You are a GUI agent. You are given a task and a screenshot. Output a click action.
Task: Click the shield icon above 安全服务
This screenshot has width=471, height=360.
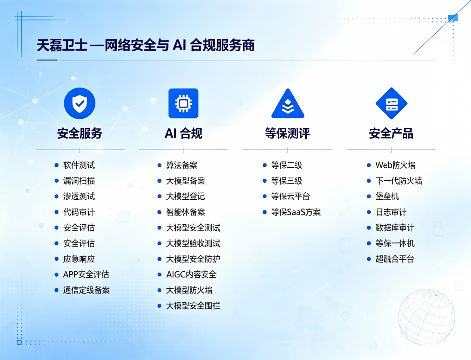[79, 103]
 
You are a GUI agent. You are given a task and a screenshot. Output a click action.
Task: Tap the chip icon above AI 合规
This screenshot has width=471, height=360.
[184, 103]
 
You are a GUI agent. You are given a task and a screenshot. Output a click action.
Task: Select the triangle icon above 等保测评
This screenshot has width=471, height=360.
[288, 104]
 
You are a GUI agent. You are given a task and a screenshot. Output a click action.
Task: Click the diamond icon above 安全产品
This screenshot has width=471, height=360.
[392, 103]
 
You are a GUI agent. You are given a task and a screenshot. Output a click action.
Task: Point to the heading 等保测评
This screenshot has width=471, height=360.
[287, 133]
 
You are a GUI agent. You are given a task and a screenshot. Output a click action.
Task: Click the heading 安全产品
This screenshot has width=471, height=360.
[391, 133]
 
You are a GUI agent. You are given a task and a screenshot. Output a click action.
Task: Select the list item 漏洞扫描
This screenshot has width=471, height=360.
[79, 181]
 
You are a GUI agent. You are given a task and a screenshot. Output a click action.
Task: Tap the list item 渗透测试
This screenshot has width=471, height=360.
[79, 197]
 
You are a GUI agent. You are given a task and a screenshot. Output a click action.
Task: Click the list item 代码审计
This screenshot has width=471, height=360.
[79, 212]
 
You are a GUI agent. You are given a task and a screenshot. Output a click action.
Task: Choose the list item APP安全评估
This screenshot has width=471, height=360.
[86, 275]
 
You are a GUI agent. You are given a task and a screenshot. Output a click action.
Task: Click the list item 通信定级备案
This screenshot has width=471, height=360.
[87, 290]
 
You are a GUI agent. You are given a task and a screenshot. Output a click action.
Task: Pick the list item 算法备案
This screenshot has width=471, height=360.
[182, 165]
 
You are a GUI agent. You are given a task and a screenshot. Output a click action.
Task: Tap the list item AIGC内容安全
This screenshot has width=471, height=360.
[191, 275]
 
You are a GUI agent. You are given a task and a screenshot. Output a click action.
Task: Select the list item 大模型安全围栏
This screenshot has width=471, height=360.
[193, 306]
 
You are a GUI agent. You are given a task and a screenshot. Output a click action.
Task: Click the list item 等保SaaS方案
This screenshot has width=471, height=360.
[296, 212]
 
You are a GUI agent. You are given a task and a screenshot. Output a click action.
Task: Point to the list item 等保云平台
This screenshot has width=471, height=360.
[291, 197]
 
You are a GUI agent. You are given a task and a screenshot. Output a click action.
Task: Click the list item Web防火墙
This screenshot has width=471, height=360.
[395, 165]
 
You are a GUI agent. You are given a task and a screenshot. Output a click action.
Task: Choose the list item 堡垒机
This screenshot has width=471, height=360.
[387, 197]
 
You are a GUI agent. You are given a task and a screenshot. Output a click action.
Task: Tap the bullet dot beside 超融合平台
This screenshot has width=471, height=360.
[369, 259]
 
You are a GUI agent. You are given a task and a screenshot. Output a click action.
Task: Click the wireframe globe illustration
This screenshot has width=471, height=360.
[427, 317]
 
